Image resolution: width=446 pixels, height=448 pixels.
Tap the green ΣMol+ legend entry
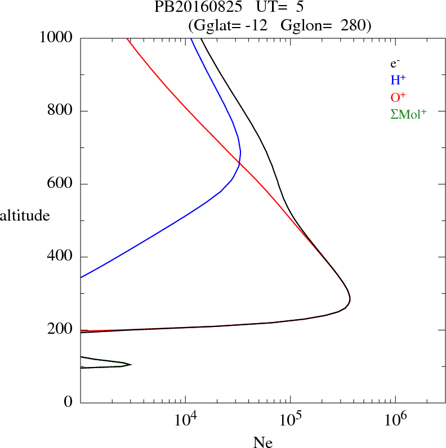pos(408,114)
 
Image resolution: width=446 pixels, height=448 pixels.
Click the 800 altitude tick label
pos(61,111)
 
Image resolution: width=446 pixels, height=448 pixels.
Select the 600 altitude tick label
pos(61,184)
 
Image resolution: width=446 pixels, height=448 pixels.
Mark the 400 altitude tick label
pos(61,257)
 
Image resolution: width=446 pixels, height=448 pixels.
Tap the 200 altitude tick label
pos(61,330)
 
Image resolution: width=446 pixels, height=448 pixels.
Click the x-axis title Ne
pos(262,442)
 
